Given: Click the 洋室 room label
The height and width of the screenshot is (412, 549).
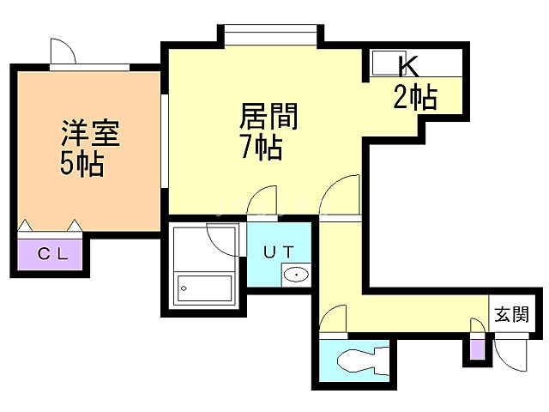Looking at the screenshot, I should coord(89,134).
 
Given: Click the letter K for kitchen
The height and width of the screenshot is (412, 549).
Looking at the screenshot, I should coord(407,65).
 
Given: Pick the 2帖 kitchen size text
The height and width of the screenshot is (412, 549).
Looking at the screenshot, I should coord(415,97).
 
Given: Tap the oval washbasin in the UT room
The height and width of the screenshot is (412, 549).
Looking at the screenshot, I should coord(296,276).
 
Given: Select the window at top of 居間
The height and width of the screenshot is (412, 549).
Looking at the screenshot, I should coord(273,36).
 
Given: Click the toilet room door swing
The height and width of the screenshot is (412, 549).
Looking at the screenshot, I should coord(334,323).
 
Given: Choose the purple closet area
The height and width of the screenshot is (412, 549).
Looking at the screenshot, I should coord(50,254).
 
